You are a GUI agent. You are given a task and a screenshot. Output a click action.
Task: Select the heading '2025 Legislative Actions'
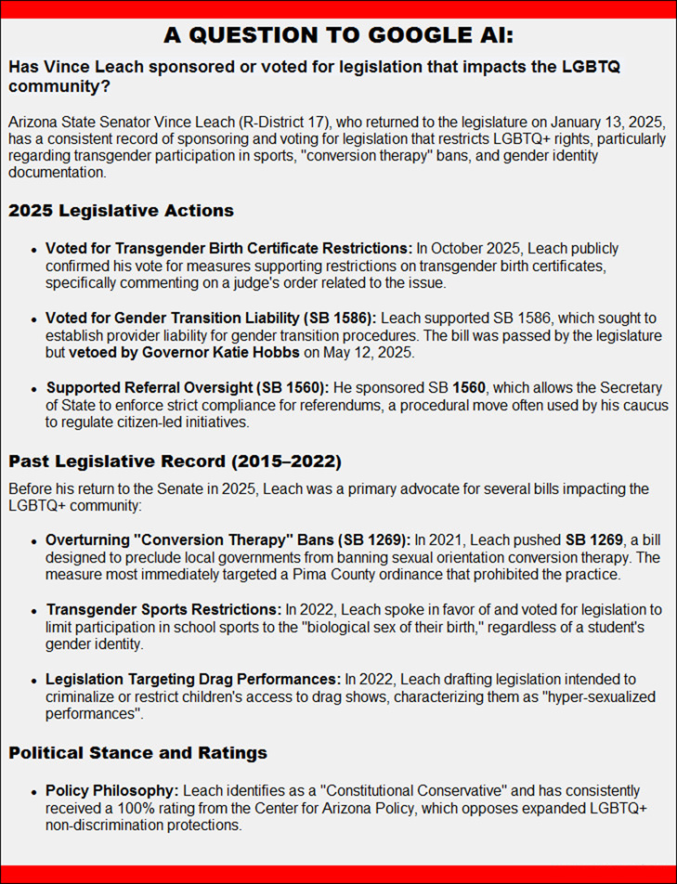click(x=121, y=211)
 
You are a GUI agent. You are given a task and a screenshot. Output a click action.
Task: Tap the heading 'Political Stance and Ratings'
click(x=138, y=752)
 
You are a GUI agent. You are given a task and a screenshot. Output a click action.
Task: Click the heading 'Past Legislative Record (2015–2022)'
click(x=175, y=459)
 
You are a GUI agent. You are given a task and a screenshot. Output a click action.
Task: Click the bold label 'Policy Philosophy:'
click(x=112, y=791)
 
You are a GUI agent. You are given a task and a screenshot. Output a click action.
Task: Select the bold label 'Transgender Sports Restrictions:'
click(x=163, y=610)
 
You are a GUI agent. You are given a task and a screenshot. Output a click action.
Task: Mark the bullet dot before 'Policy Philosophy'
click(x=36, y=792)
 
